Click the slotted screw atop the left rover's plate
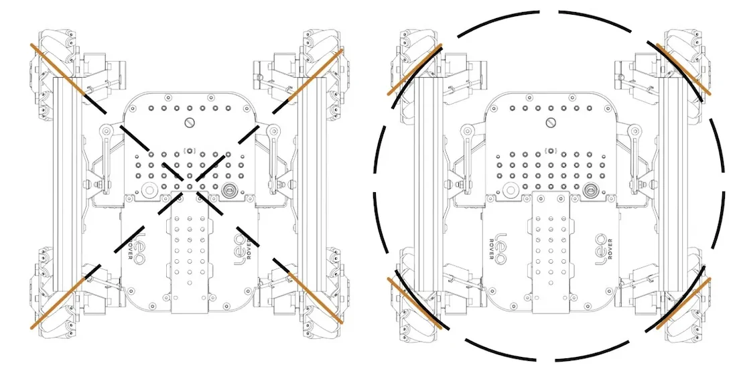point(189,122)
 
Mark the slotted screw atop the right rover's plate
point(551,122)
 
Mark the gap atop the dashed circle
point(549,11)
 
